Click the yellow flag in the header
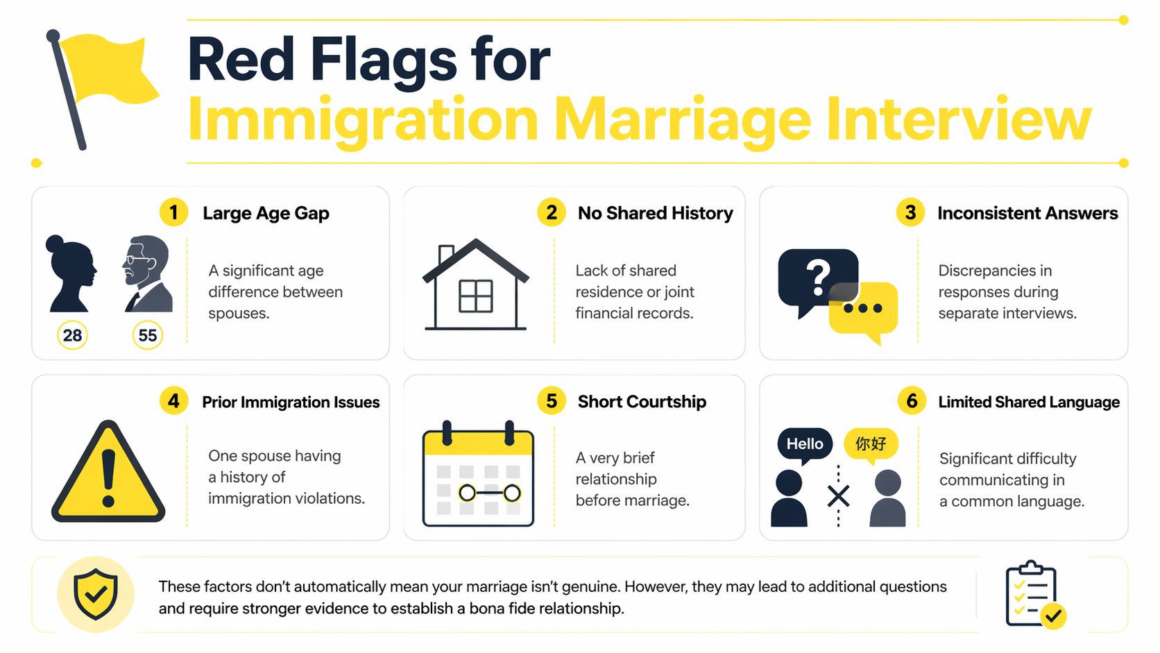(x=111, y=69)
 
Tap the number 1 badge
(x=173, y=212)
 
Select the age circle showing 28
(x=72, y=335)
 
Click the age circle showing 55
(x=147, y=335)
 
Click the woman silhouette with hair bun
(x=70, y=274)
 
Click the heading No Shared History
(x=655, y=213)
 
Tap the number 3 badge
(x=910, y=212)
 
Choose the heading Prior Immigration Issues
(x=291, y=402)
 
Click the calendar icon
(x=478, y=475)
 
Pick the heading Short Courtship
(x=642, y=402)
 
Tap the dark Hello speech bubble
(x=805, y=443)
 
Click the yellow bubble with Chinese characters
(x=871, y=443)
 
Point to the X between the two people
(x=838, y=496)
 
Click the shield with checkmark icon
(x=96, y=594)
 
